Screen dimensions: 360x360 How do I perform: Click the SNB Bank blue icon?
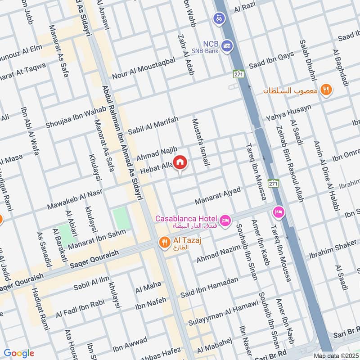click(228, 46)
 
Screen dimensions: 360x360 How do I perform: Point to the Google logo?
click(19, 353)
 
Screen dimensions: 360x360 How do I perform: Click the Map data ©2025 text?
click(335, 355)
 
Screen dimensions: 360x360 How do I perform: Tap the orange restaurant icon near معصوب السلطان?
click(327, 90)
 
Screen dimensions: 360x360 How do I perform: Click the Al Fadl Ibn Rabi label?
click(82, 308)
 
